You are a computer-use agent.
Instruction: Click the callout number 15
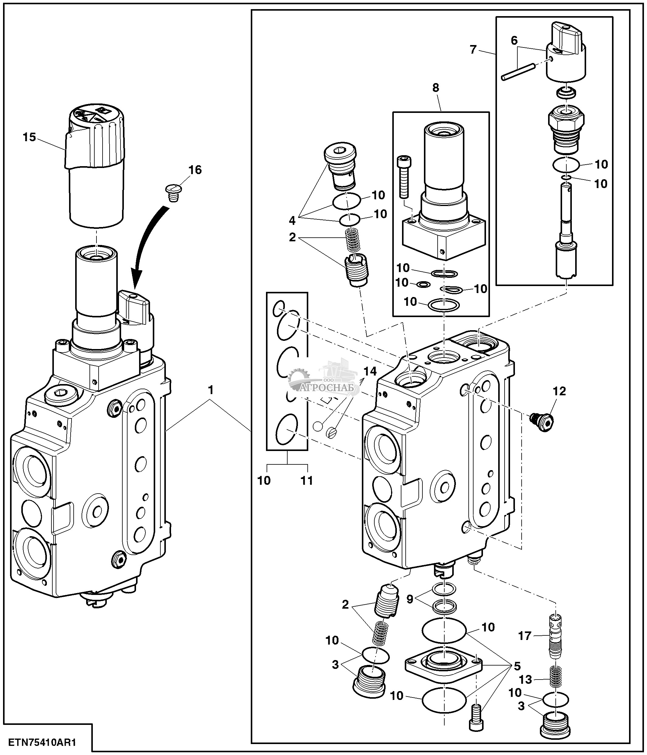click(30, 137)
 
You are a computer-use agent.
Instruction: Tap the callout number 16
click(195, 170)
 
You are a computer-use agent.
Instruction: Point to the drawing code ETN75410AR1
click(44, 742)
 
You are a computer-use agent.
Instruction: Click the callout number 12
click(560, 391)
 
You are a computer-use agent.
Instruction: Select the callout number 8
click(436, 88)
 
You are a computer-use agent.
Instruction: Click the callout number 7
click(473, 50)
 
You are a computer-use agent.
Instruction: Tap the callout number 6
click(514, 40)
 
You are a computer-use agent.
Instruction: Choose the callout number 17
click(525, 636)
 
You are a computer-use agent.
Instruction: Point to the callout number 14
click(370, 371)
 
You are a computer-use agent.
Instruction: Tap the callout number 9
click(410, 599)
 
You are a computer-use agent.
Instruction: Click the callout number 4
click(292, 220)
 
